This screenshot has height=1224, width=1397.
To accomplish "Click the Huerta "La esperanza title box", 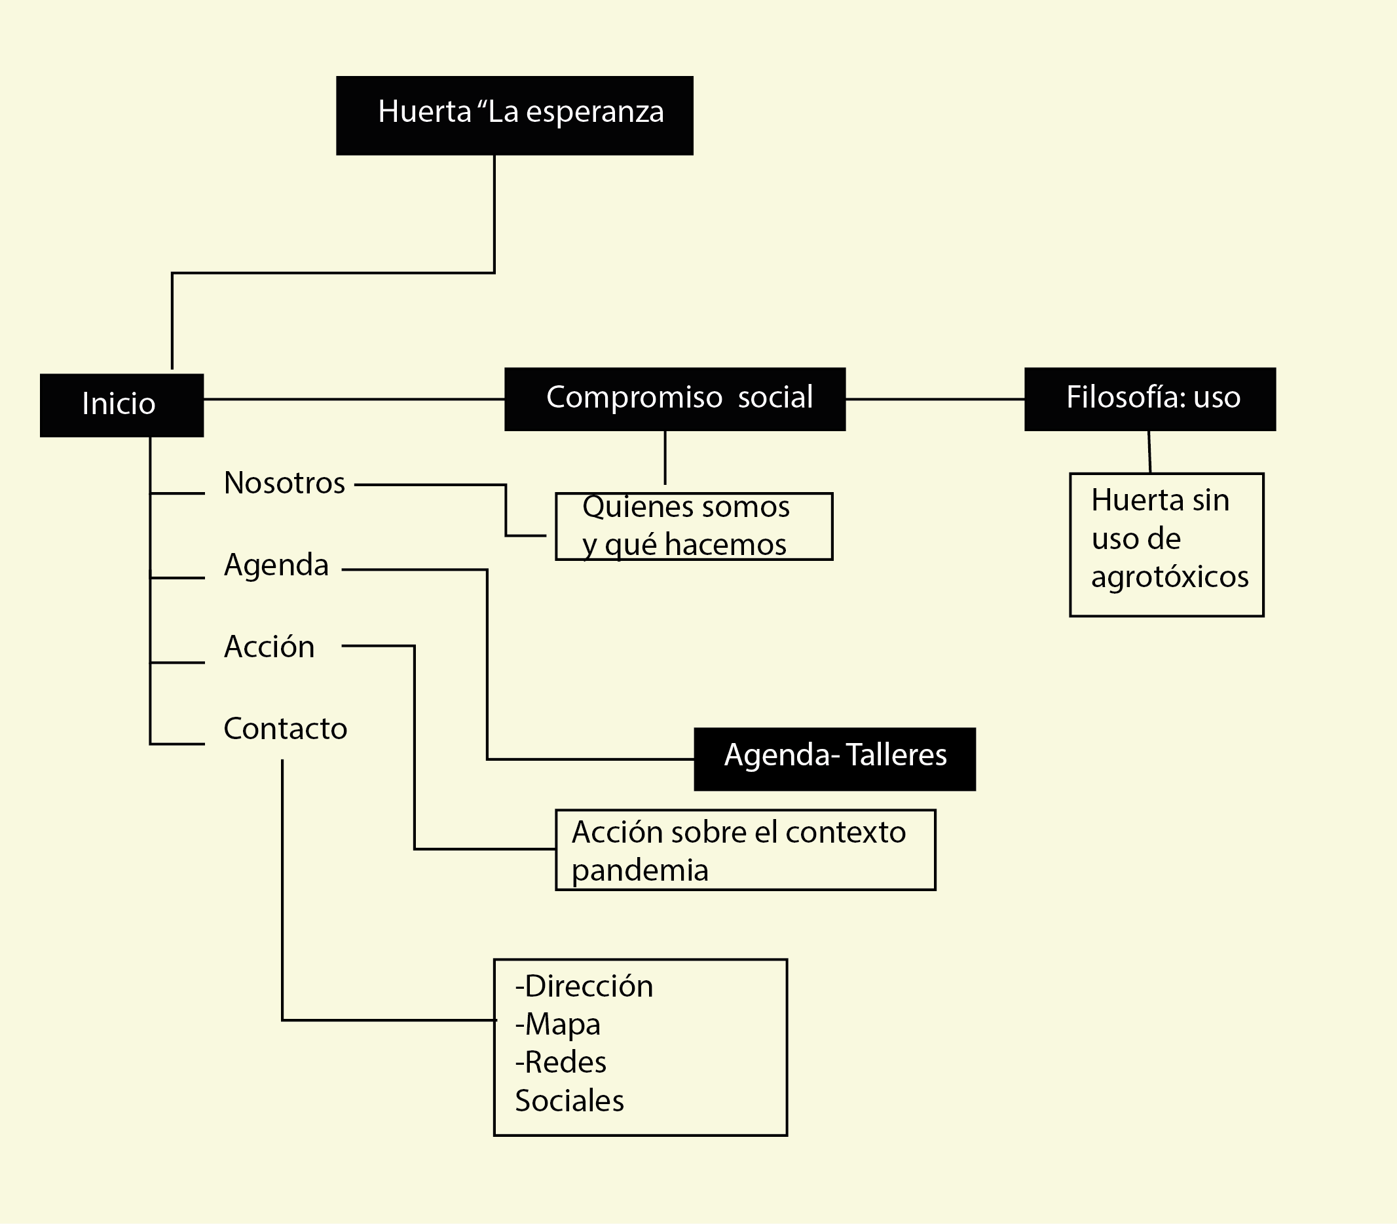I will (x=514, y=115).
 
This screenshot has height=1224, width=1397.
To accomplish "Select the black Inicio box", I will (x=122, y=405).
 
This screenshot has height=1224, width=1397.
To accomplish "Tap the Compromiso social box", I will (x=675, y=399).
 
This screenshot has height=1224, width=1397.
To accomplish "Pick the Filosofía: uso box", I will (x=1149, y=399).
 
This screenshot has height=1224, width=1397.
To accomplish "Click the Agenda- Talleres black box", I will (x=834, y=759).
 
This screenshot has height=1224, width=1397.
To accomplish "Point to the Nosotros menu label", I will (x=284, y=484).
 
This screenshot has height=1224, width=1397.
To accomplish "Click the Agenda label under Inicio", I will (x=276, y=565).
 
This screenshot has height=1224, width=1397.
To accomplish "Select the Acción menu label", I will (x=269, y=647).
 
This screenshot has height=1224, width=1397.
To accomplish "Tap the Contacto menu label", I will (x=285, y=729).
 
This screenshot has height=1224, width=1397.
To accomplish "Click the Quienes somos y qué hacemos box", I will (x=694, y=527).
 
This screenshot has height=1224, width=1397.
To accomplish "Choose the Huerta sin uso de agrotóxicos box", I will (x=1166, y=545).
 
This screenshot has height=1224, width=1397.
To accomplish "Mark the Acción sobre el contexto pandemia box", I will (x=745, y=851).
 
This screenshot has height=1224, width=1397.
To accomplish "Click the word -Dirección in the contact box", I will (x=584, y=986).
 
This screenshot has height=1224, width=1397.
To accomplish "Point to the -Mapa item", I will (x=558, y=1025).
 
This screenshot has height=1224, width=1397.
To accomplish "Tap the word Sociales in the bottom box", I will (x=569, y=1101).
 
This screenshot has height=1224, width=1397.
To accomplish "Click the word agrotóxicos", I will (x=1170, y=577).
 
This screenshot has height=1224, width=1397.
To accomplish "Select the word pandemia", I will (x=640, y=871).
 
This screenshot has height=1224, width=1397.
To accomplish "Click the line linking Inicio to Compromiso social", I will (x=354, y=399).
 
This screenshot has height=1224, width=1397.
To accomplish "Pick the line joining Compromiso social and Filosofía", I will (x=935, y=399).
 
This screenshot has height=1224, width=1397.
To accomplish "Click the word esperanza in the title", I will (x=595, y=112).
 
